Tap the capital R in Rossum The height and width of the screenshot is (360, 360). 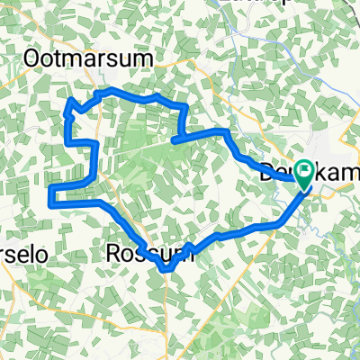(x=114, y=254)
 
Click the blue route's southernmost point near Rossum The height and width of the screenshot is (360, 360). (x=165, y=269)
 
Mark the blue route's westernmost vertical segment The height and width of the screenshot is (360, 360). (x=50, y=193)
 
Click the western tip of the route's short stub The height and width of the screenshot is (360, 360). (x=172, y=141)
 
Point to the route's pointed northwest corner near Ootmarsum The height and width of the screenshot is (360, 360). (x=67, y=112)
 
